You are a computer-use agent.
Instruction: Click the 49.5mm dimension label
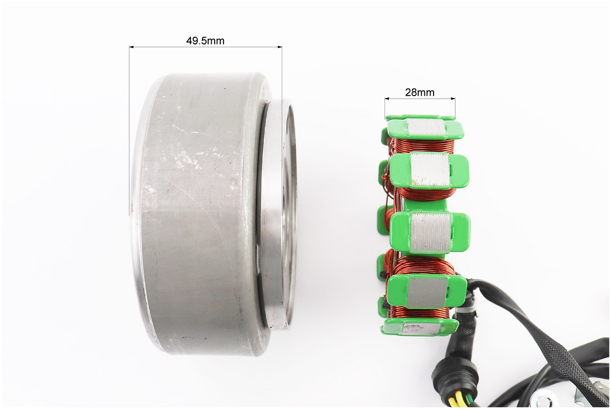click(x=205, y=40)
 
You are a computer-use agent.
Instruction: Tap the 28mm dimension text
click(x=420, y=93)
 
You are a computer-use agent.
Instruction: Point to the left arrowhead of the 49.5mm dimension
click(x=131, y=47)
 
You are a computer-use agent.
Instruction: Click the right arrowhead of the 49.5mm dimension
click(x=279, y=47)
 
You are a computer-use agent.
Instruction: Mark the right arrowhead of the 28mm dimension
click(x=453, y=99)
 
